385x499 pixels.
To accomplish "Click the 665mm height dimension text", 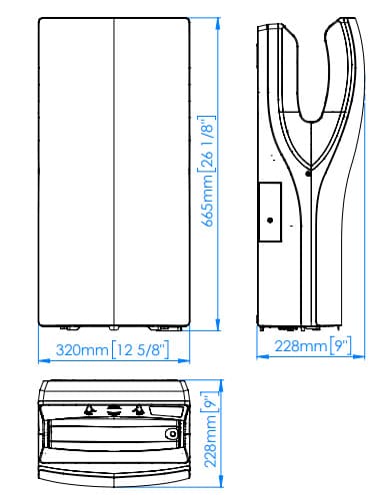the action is [208, 201].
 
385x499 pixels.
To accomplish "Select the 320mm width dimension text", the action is [82, 350].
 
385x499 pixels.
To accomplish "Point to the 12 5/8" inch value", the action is [141, 350].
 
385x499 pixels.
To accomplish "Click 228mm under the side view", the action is [301, 346].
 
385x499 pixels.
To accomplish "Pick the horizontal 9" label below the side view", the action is [341, 346].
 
